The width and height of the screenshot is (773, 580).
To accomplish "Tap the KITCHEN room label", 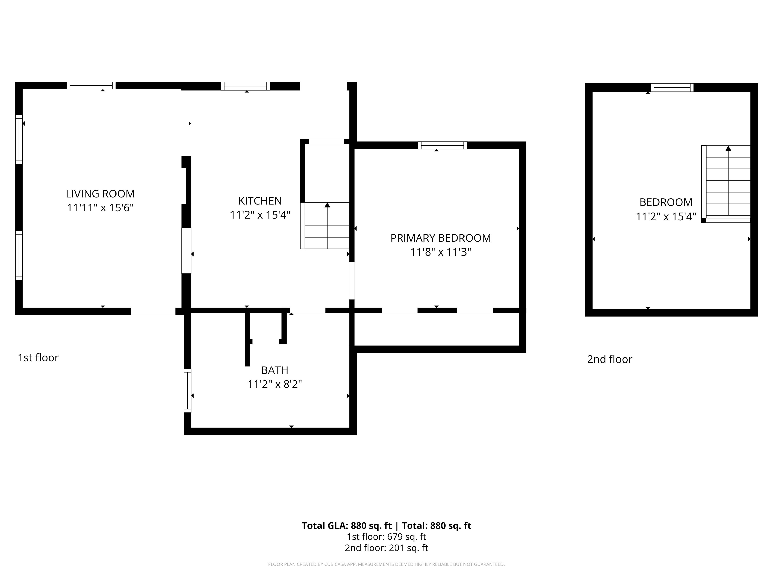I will [260, 201].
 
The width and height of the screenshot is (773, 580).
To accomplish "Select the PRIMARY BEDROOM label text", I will [440, 238].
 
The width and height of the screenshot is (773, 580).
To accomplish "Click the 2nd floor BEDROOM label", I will [666, 202].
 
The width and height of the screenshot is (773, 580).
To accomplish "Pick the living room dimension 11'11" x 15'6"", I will [100, 208].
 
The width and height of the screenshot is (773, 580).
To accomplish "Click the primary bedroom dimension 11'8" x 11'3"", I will [441, 252].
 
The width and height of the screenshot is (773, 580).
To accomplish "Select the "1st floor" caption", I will [38, 358].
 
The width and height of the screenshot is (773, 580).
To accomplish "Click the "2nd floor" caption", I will [609, 359].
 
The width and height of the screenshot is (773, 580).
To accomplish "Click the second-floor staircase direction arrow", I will [728, 149].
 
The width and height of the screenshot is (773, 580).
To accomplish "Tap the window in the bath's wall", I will [188, 390].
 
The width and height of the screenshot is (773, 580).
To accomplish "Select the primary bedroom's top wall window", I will [442, 146].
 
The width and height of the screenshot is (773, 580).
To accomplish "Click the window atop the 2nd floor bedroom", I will [672, 87].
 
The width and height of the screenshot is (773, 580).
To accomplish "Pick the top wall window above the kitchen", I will [245, 86].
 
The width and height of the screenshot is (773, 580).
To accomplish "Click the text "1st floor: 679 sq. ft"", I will [386, 537].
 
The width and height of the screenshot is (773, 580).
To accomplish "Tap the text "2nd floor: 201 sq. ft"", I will [386, 548].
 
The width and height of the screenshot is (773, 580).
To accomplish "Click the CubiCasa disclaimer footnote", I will [386, 564].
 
